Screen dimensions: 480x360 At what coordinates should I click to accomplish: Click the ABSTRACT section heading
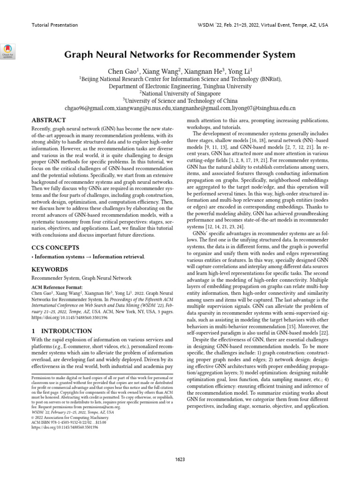click(x=49, y=120)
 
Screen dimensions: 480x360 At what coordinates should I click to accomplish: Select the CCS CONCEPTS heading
click(x=55, y=247)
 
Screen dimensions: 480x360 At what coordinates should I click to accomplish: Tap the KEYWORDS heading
click(x=50, y=270)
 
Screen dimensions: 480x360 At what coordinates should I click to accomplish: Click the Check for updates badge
click(x=10, y=51)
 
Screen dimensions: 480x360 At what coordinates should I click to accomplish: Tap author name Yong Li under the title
click(x=240, y=71)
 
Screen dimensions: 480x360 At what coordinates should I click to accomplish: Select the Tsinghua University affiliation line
click(x=180, y=86)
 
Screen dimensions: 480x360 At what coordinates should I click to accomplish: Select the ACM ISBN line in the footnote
click(x=68, y=422)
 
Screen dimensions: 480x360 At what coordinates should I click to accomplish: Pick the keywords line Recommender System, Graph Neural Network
click(x=81, y=278)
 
